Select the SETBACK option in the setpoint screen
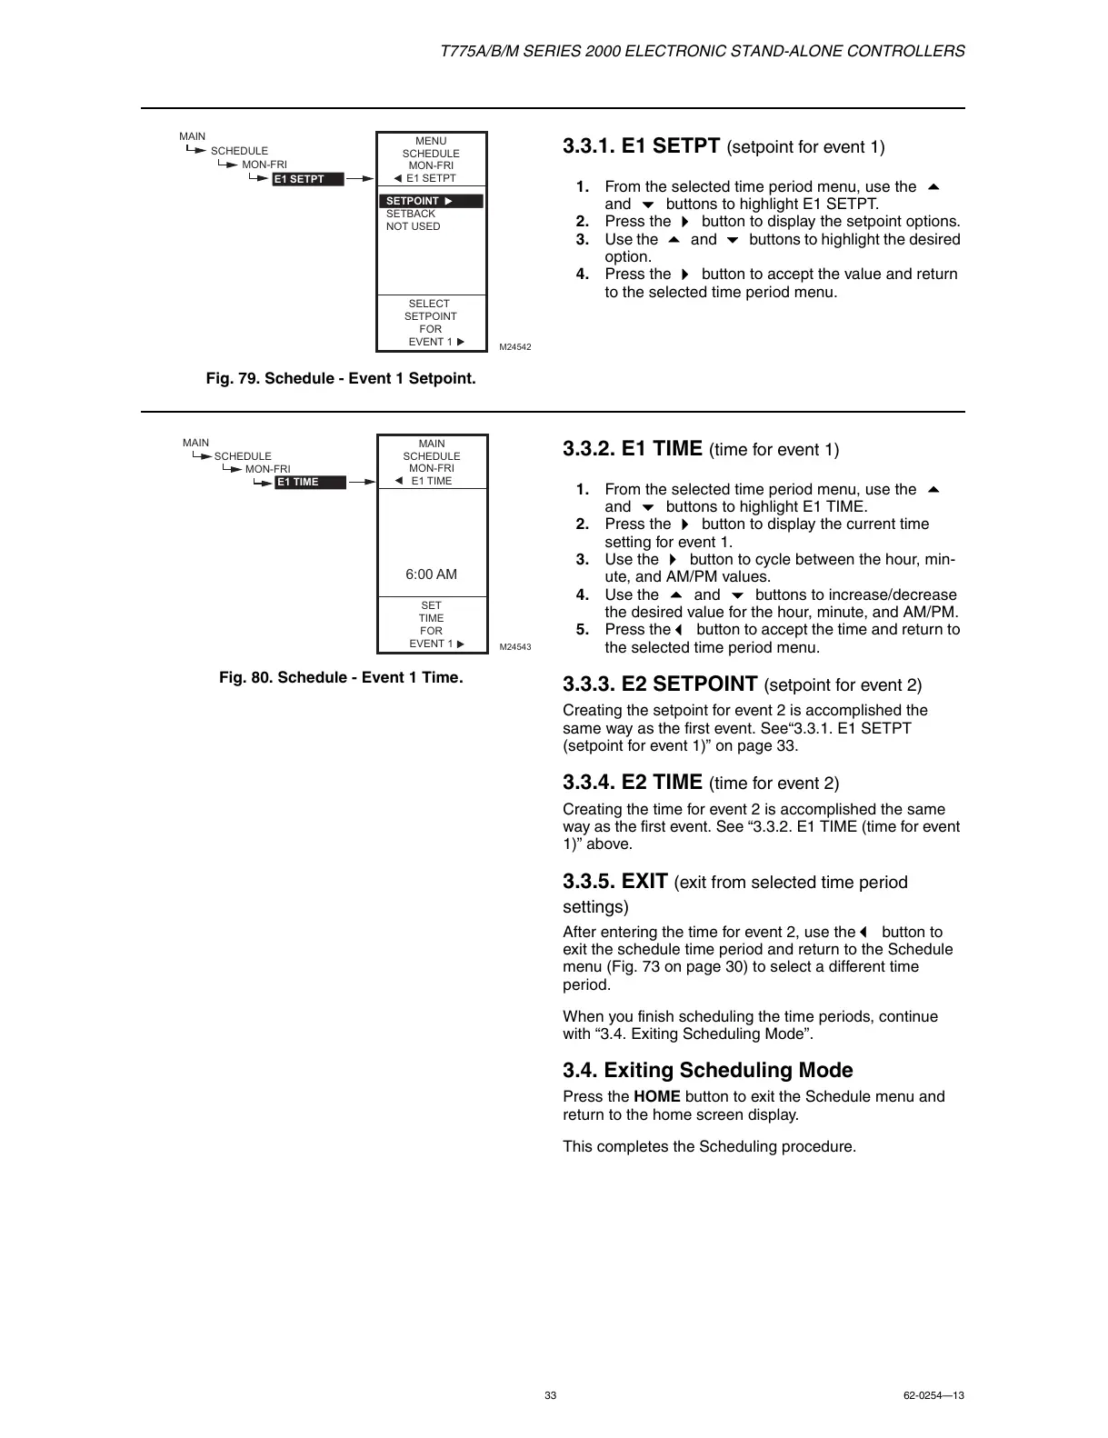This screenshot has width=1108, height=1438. pos(411,215)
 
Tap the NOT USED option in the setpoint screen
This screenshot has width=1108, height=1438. pos(413,227)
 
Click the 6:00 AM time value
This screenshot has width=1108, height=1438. pos(431,574)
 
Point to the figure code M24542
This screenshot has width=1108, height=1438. pos(515,347)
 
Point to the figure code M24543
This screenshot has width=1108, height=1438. pos(515,647)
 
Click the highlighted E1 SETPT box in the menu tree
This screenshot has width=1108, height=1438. pos(309,179)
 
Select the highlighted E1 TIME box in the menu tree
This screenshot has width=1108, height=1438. pos(310,482)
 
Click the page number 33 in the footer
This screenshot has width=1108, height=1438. pos(550,1395)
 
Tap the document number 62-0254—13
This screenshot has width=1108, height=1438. pos(933,1395)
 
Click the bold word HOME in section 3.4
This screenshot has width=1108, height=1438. pos(656,1097)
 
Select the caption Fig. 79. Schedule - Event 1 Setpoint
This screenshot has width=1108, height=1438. pos(341,378)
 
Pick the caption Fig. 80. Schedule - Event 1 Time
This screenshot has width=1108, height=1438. pos(341,678)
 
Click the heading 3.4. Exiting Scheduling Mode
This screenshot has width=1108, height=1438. pos(707,1071)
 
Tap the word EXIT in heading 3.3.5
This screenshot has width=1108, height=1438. pos(644,882)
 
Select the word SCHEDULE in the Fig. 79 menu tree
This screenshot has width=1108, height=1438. pos(239,152)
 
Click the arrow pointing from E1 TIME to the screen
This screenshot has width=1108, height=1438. pos(362,482)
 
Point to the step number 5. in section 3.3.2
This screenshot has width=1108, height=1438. pos(583,630)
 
